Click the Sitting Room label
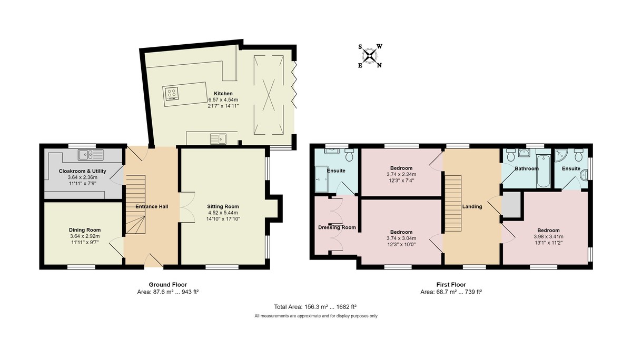[x=223, y=206]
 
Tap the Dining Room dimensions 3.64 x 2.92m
[x=84, y=237]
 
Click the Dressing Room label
[x=337, y=227]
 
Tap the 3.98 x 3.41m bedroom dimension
[x=548, y=237]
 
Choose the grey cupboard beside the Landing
[x=511, y=205]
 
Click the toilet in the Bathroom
[x=510, y=156]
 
